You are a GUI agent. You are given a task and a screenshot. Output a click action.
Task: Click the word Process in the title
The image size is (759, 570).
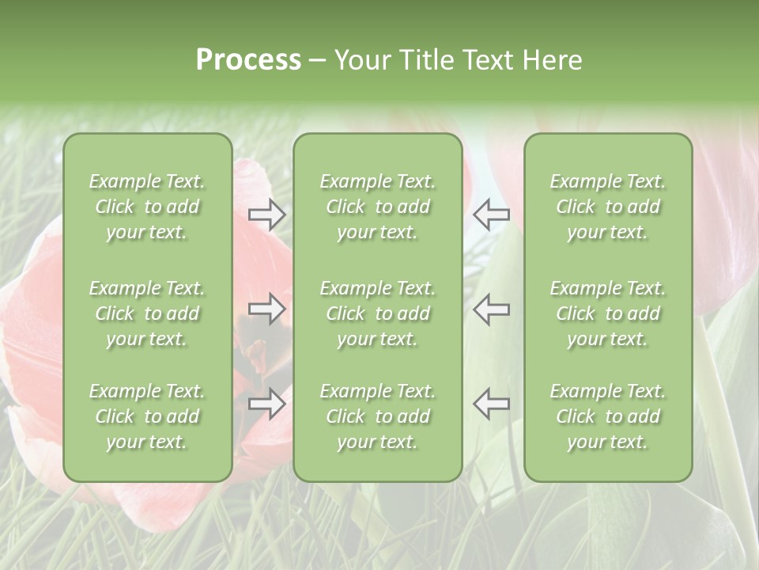click(x=248, y=60)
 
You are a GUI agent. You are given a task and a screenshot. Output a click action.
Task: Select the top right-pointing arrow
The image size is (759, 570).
click(x=267, y=215)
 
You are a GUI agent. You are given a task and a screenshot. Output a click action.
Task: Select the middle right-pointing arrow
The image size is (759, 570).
click(x=267, y=309)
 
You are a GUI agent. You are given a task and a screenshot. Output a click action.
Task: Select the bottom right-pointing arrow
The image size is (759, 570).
click(x=267, y=404)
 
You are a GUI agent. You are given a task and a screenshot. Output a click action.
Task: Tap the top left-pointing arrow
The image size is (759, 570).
click(x=491, y=215)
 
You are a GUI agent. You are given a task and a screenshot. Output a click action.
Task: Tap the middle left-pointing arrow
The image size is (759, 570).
click(x=491, y=309)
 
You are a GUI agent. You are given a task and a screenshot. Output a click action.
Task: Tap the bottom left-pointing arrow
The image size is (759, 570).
click(x=491, y=404)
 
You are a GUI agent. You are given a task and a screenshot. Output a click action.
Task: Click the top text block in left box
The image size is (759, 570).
click(x=147, y=207)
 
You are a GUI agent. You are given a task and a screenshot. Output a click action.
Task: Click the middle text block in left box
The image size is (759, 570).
click(x=147, y=313)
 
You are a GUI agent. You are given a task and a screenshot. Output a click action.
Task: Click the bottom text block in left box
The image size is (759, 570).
click(x=147, y=416)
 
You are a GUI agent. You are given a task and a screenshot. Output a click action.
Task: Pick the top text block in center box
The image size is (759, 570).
click(x=377, y=207)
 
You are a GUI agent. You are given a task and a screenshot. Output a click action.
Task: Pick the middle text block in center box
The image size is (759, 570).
click(x=377, y=313)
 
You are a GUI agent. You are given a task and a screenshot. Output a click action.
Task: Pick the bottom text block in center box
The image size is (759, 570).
click(x=377, y=416)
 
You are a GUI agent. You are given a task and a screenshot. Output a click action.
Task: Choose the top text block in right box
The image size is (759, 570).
click(x=608, y=207)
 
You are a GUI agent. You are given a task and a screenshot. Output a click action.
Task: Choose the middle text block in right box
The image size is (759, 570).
click(x=608, y=313)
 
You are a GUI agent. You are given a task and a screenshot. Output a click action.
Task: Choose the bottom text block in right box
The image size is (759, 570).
click(x=608, y=416)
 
